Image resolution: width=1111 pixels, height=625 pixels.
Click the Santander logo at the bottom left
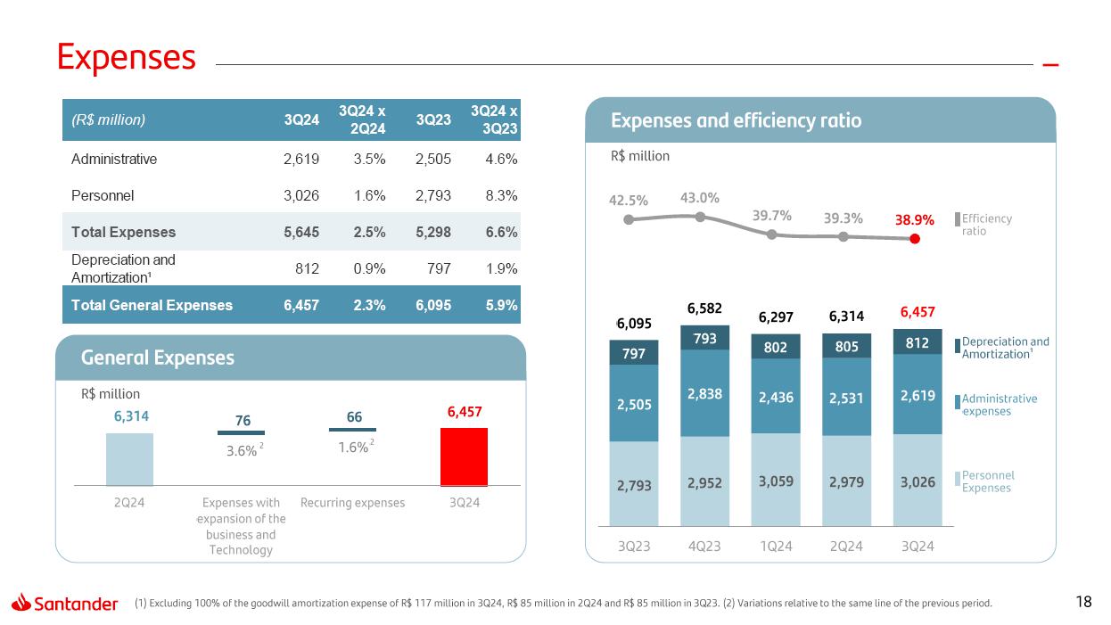click(x=65, y=604)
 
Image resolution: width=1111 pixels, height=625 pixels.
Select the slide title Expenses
click(x=127, y=57)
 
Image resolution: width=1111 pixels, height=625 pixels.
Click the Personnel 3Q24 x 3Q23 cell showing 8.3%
click(x=500, y=195)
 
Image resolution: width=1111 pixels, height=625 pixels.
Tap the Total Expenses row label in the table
click(x=123, y=232)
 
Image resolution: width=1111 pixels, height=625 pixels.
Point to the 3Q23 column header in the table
click(x=432, y=119)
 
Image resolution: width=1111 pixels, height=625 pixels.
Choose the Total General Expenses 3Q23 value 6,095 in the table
click(x=432, y=305)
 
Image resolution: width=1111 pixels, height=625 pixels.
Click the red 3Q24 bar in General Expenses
click(x=464, y=456)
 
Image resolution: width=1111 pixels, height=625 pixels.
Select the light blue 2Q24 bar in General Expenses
click(x=129, y=458)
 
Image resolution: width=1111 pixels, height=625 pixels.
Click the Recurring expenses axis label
click(x=352, y=503)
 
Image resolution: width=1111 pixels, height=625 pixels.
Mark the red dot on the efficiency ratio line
click(x=915, y=238)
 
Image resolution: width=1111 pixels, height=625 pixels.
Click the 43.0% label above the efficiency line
click(x=700, y=198)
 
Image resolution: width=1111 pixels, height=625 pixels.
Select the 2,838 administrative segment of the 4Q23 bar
click(x=704, y=392)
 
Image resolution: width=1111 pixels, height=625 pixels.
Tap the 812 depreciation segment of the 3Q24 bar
click(x=917, y=341)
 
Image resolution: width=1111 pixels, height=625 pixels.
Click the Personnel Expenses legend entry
click(x=987, y=481)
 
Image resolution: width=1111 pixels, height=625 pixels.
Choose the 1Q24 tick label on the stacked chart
click(x=775, y=546)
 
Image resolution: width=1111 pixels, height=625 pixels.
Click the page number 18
click(x=1084, y=603)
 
